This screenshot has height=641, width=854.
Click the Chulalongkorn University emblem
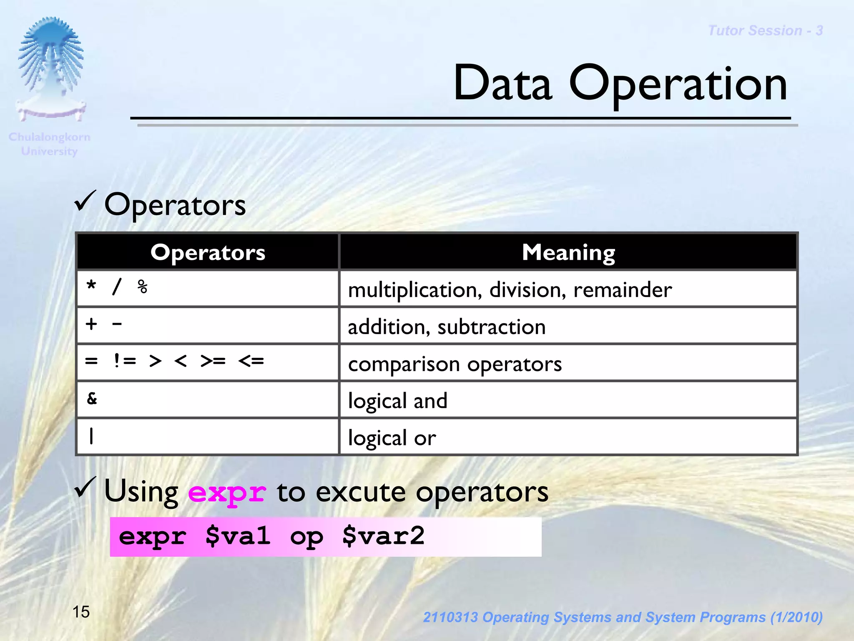(x=51, y=69)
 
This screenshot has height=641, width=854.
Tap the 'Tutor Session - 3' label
(x=765, y=30)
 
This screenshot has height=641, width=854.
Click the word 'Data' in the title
(x=502, y=83)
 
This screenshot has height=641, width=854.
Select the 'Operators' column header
(x=208, y=252)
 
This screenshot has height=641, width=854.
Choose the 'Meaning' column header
(x=568, y=252)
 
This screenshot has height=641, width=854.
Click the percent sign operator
(x=143, y=287)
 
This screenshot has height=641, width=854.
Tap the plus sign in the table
(x=91, y=324)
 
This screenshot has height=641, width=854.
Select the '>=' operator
(x=213, y=361)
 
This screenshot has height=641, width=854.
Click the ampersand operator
(x=92, y=398)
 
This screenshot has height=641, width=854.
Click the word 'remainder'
(x=622, y=290)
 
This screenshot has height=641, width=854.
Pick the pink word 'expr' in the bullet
(x=227, y=493)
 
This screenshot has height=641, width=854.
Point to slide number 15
(x=81, y=612)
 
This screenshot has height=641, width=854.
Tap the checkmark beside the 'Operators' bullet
(x=85, y=201)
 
